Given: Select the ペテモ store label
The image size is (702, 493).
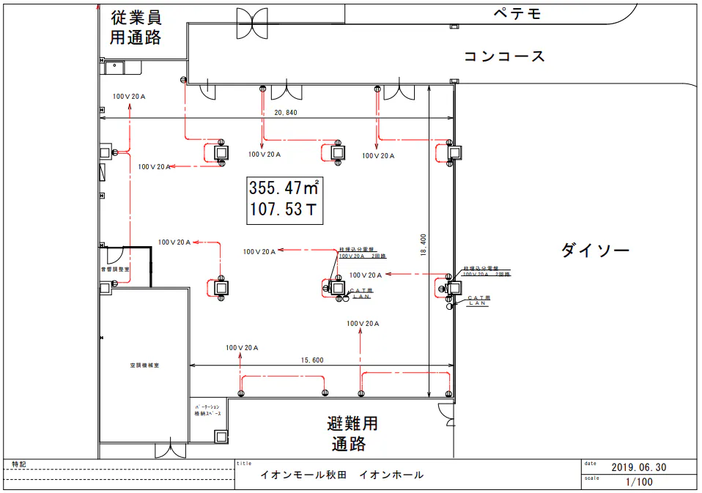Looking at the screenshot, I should click(517, 13).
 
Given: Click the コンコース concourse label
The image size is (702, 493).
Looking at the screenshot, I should click(504, 56).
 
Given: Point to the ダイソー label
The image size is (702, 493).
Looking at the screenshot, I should click(595, 251).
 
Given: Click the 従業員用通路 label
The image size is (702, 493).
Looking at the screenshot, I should click(136, 28).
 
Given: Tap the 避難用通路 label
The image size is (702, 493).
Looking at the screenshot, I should click(352, 433).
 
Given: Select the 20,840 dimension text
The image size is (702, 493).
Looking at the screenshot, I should click(286, 113).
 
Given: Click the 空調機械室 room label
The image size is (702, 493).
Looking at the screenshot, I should click(144, 365).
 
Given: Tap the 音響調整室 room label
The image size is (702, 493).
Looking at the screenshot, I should click(114, 270).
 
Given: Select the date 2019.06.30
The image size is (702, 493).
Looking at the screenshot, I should click(638, 467).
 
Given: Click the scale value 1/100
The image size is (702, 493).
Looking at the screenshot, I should click(638, 482).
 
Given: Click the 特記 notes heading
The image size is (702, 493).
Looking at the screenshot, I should click(18, 464).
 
